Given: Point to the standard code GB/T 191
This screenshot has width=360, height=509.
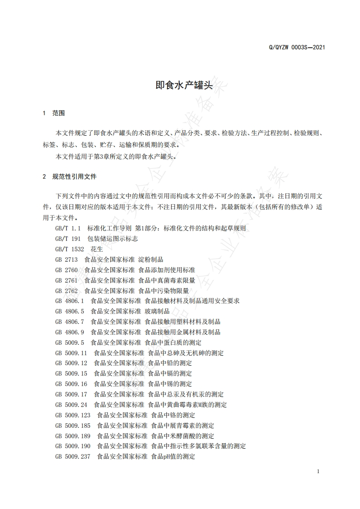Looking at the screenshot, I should pyautogui.click(x=68, y=239).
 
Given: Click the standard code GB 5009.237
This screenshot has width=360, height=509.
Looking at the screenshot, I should pyautogui.click(x=73, y=456).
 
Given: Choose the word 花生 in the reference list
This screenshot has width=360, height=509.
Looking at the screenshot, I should pyautogui.click(x=97, y=249).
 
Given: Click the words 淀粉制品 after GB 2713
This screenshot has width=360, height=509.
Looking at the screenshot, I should pyautogui.click(x=151, y=259).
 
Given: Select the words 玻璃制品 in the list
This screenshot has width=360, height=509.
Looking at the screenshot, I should pyautogui.click(x=157, y=311).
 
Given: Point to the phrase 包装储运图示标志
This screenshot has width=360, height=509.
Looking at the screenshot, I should pyautogui.click(x=113, y=239).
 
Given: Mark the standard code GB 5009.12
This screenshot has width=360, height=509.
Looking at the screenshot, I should pyautogui.click(x=71, y=363).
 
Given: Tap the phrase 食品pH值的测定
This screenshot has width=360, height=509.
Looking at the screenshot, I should pyautogui.click(x=173, y=456).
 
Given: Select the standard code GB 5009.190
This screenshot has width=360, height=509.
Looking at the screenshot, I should pyautogui.click(x=73, y=446).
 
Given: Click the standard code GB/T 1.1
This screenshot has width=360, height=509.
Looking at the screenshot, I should pyautogui.click(x=68, y=228).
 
